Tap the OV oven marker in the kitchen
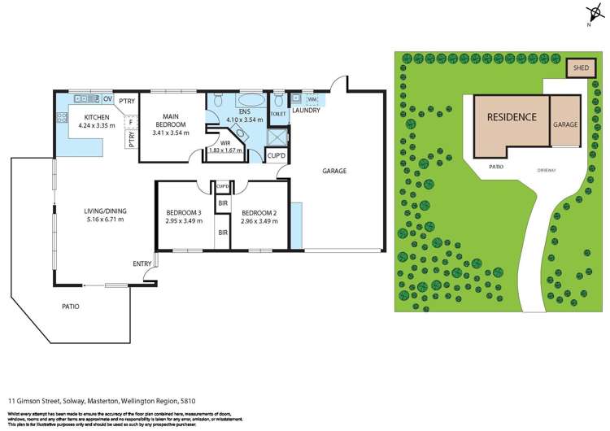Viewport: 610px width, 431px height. pyautogui.click(x=107, y=99)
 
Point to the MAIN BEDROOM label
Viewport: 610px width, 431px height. pyautogui.click(x=170, y=120)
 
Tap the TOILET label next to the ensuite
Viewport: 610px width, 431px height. pyautogui.click(x=277, y=115)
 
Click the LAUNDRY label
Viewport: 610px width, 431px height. pyautogui.click(x=306, y=111)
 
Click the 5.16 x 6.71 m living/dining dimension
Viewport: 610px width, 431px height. pyautogui.click(x=105, y=220)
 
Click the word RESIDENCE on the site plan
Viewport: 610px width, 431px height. pyautogui.click(x=512, y=117)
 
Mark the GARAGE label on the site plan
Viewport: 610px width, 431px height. pyautogui.click(x=565, y=125)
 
